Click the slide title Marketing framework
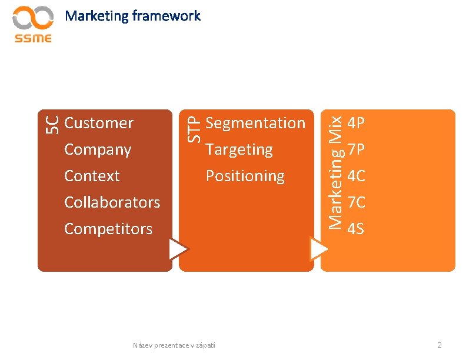click(133, 16)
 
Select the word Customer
click(99, 123)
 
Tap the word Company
click(98, 149)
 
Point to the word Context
click(92, 176)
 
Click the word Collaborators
click(112, 202)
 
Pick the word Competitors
click(108, 229)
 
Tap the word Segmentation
click(255, 123)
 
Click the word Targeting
click(239, 149)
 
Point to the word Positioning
click(245, 176)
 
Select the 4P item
click(356, 124)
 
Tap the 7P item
click(356, 150)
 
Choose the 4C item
click(356, 176)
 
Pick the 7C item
click(356, 202)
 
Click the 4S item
click(356, 229)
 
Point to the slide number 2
click(439, 345)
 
